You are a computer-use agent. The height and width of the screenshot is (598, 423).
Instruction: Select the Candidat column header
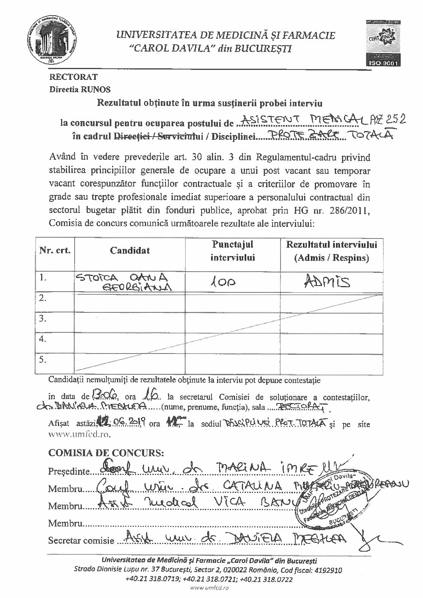[130, 250]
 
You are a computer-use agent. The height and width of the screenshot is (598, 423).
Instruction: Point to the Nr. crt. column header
[55, 250]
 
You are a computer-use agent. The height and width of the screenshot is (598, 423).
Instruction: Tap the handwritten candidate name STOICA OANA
[123, 278]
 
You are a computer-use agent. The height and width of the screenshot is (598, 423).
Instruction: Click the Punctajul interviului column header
[233, 251]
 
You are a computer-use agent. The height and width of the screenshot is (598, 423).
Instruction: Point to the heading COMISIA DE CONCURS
[106, 453]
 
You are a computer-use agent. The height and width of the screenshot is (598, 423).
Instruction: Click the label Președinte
[68, 471]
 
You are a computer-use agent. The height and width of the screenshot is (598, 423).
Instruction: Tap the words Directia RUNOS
[80, 90]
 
